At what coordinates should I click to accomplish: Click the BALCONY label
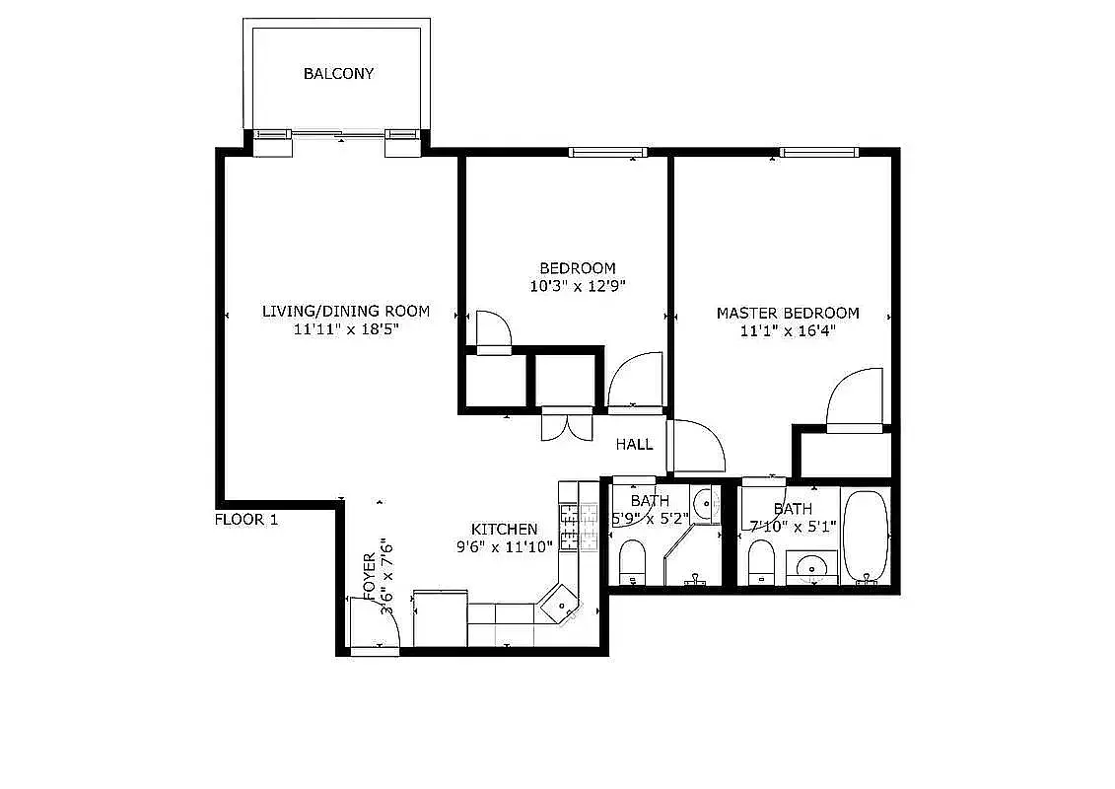[x=338, y=74]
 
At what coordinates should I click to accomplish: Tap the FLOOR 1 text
[x=245, y=520]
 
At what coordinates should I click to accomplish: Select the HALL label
[x=634, y=444]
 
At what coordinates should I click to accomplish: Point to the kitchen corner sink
[x=559, y=603]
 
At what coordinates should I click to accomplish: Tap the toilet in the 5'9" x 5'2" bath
[x=631, y=561]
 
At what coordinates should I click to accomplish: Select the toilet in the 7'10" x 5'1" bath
[x=761, y=563]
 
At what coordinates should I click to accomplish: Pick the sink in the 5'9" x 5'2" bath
[x=706, y=506]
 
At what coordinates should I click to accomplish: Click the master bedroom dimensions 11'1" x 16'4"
[x=788, y=331]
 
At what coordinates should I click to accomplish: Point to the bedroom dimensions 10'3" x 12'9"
[x=578, y=286]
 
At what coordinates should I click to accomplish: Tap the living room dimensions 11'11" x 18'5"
[x=345, y=329]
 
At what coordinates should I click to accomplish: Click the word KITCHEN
[x=504, y=530]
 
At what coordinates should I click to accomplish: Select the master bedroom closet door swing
[x=855, y=399]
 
